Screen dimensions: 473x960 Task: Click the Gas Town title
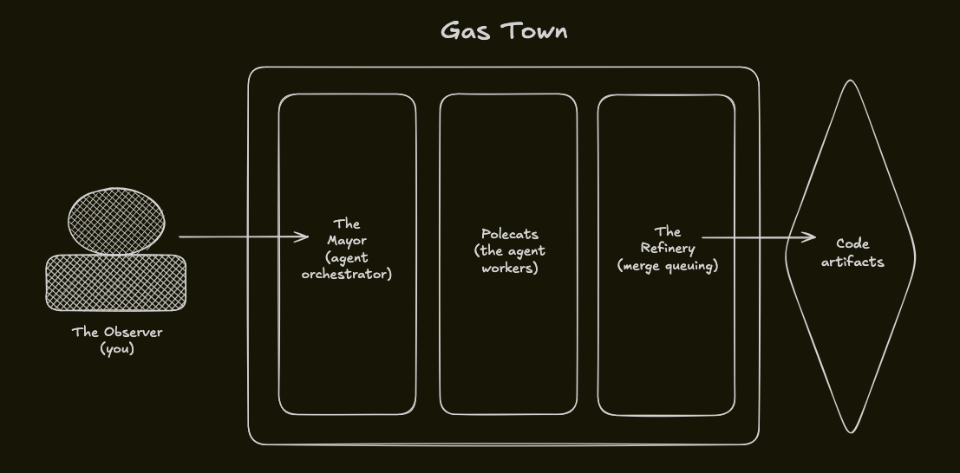point(504,31)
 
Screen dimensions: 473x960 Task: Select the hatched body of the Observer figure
point(115,282)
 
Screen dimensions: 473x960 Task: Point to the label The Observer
point(117,332)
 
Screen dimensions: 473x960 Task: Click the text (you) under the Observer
point(117,349)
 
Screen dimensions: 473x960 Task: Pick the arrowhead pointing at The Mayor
point(304,236)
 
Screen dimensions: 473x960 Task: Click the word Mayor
point(347,241)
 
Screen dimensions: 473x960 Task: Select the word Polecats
point(510,234)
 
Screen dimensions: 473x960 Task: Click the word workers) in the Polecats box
point(510,268)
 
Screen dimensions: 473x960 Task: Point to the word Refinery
point(668,249)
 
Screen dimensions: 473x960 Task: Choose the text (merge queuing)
point(668,266)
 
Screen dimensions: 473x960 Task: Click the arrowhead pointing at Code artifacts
point(810,237)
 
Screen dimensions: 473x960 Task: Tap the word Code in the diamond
point(852,243)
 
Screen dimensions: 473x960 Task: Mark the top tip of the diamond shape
point(851,81)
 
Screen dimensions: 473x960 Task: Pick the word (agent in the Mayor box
point(347,257)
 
